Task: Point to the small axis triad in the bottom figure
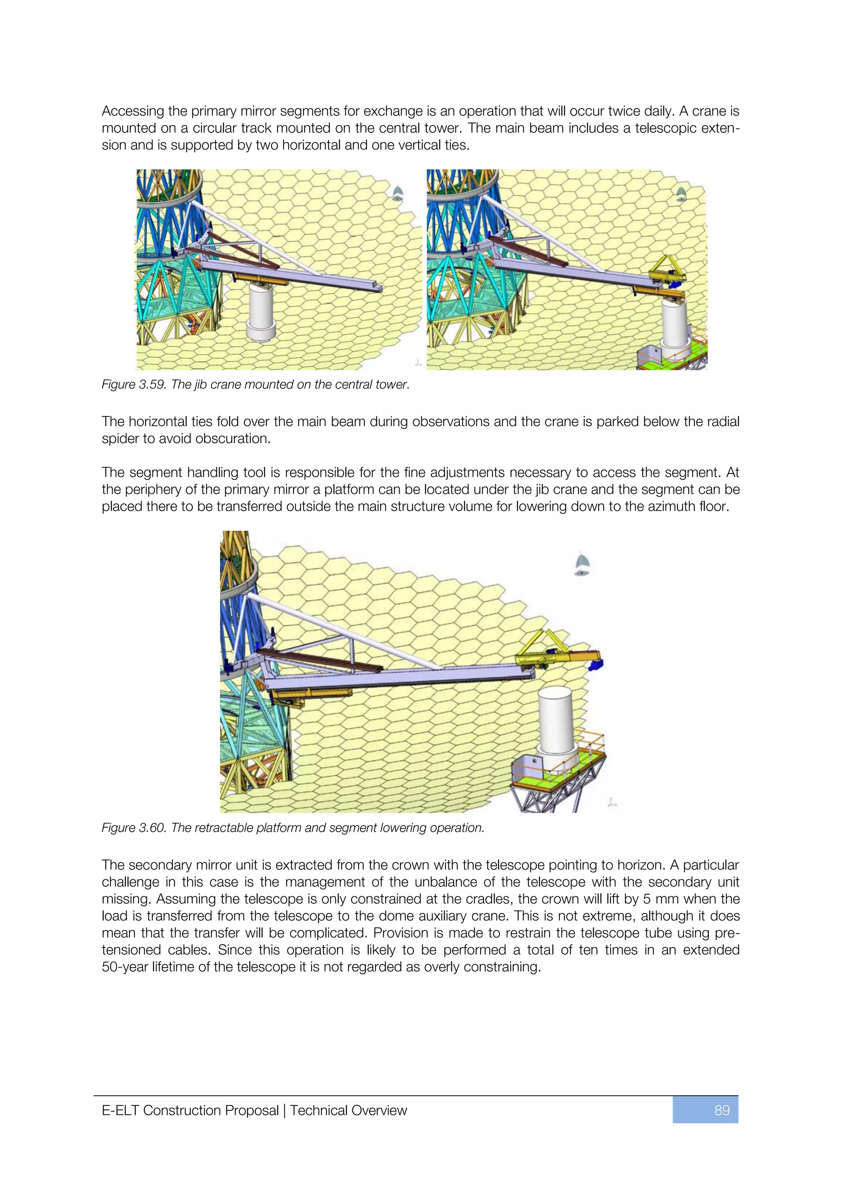point(612,803)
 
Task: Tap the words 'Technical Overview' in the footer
point(348,1110)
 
